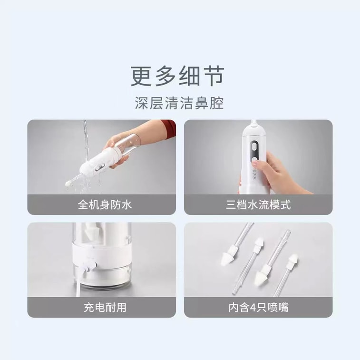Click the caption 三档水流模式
coord(258,205)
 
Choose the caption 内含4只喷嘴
coord(258,307)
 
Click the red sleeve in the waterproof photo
coord(167,127)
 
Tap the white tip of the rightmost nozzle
coord(291,261)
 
